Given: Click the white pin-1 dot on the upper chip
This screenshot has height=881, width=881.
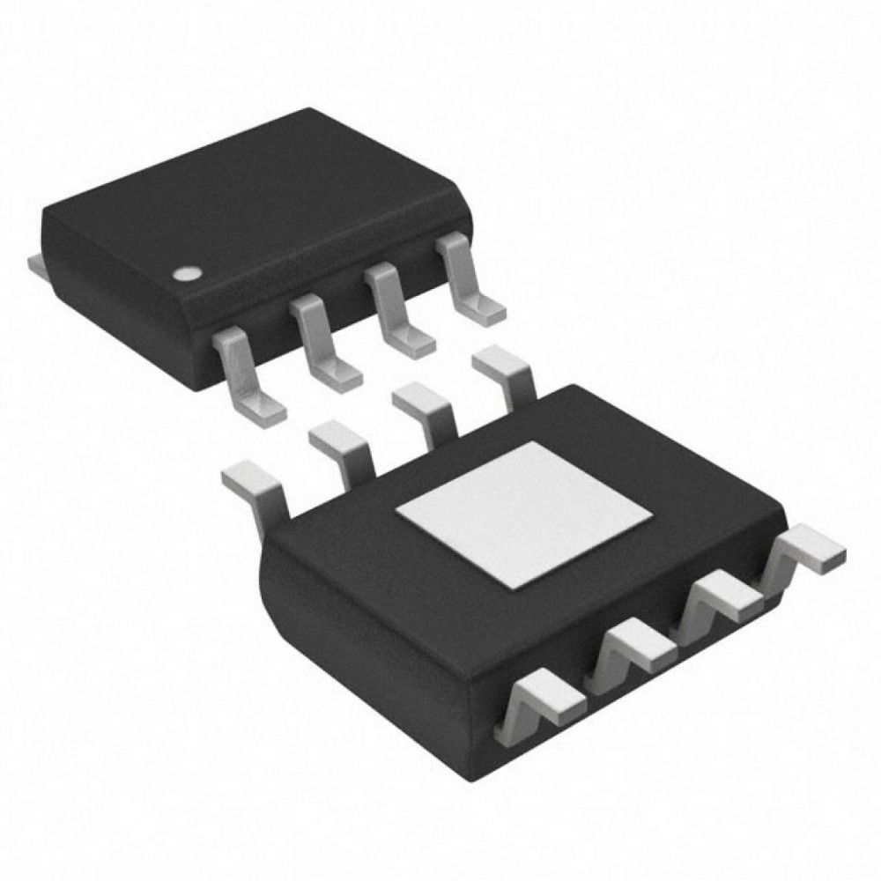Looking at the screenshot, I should pyautogui.click(x=186, y=274).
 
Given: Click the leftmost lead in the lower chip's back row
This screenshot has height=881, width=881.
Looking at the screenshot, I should pyautogui.click(x=255, y=490).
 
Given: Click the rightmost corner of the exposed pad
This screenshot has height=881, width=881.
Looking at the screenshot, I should pyautogui.click(x=650, y=514).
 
